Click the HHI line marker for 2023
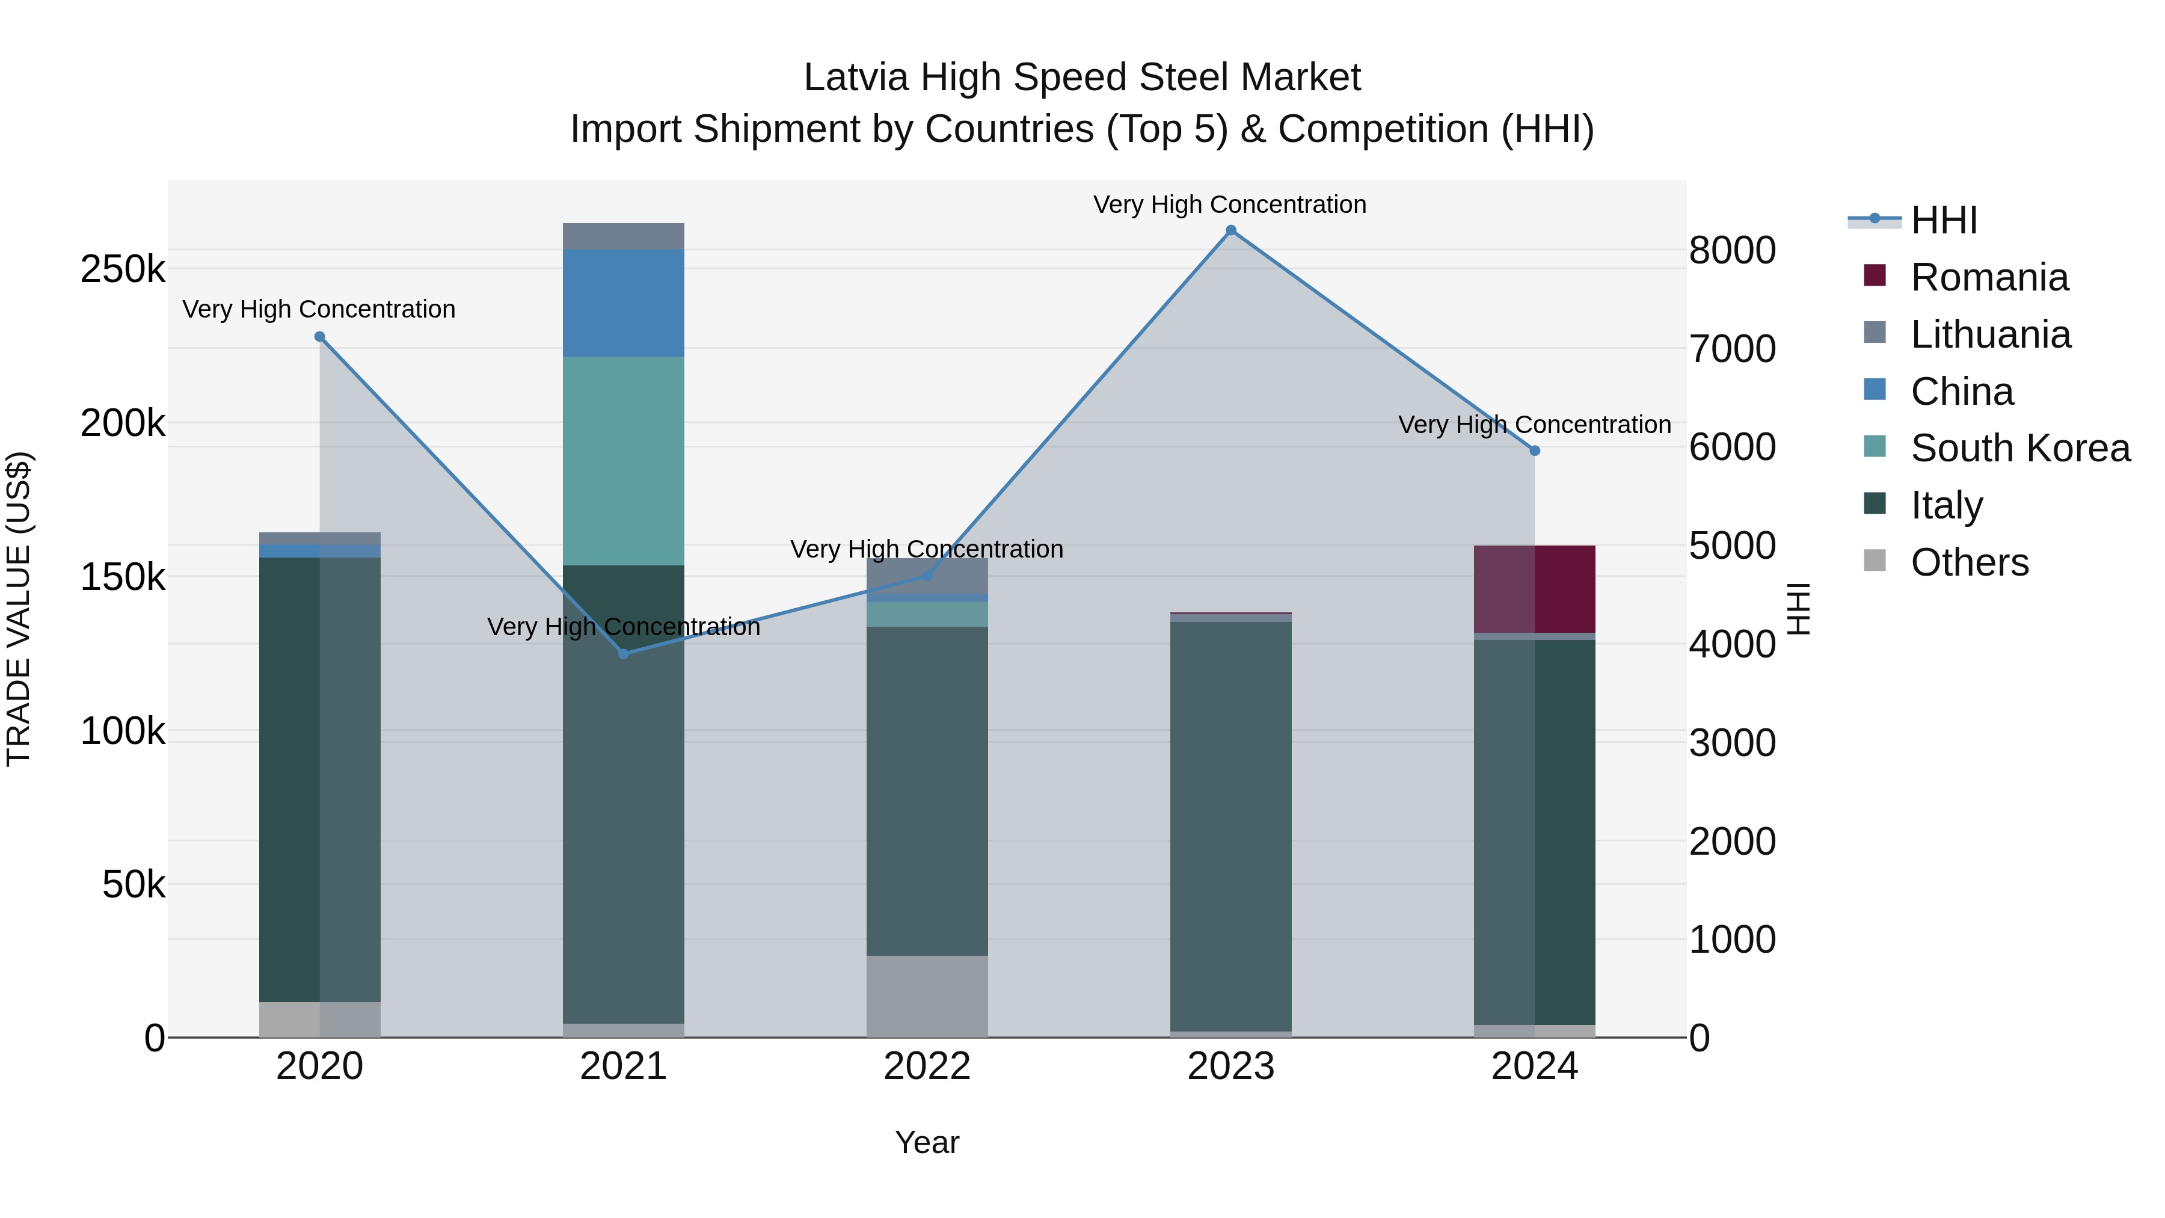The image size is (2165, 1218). (x=1230, y=230)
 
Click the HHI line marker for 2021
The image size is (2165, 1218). (x=624, y=654)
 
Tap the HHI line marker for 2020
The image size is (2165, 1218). (x=319, y=337)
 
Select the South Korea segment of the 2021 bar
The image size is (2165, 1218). (x=624, y=461)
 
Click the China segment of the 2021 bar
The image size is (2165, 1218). (x=624, y=303)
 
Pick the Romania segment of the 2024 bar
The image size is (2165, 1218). (x=1535, y=588)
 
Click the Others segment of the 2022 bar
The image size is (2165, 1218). (x=927, y=996)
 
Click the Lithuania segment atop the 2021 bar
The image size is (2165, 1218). (x=624, y=236)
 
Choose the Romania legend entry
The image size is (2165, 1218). (x=1989, y=277)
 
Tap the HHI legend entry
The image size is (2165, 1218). (x=1943, y=220)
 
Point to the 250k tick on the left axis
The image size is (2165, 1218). (x=123, y=270)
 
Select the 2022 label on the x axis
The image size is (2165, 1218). (x=927, y=1066)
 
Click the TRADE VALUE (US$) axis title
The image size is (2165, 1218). (x=19, y=609)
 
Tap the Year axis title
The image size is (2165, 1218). (x=927, y=1142)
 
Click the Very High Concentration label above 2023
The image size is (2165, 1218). (x=1230, y=205)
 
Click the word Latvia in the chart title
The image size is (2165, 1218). (x=856, y=78)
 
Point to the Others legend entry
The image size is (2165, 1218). (x=1969, y=562)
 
